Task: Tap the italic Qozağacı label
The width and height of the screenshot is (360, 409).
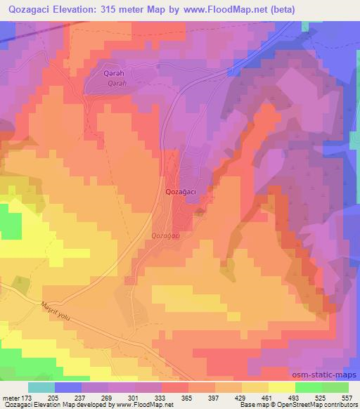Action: [167, 236]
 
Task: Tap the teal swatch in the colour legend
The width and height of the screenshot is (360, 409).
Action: [41, 387]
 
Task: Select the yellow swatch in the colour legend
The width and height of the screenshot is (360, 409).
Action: [282, 387]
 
